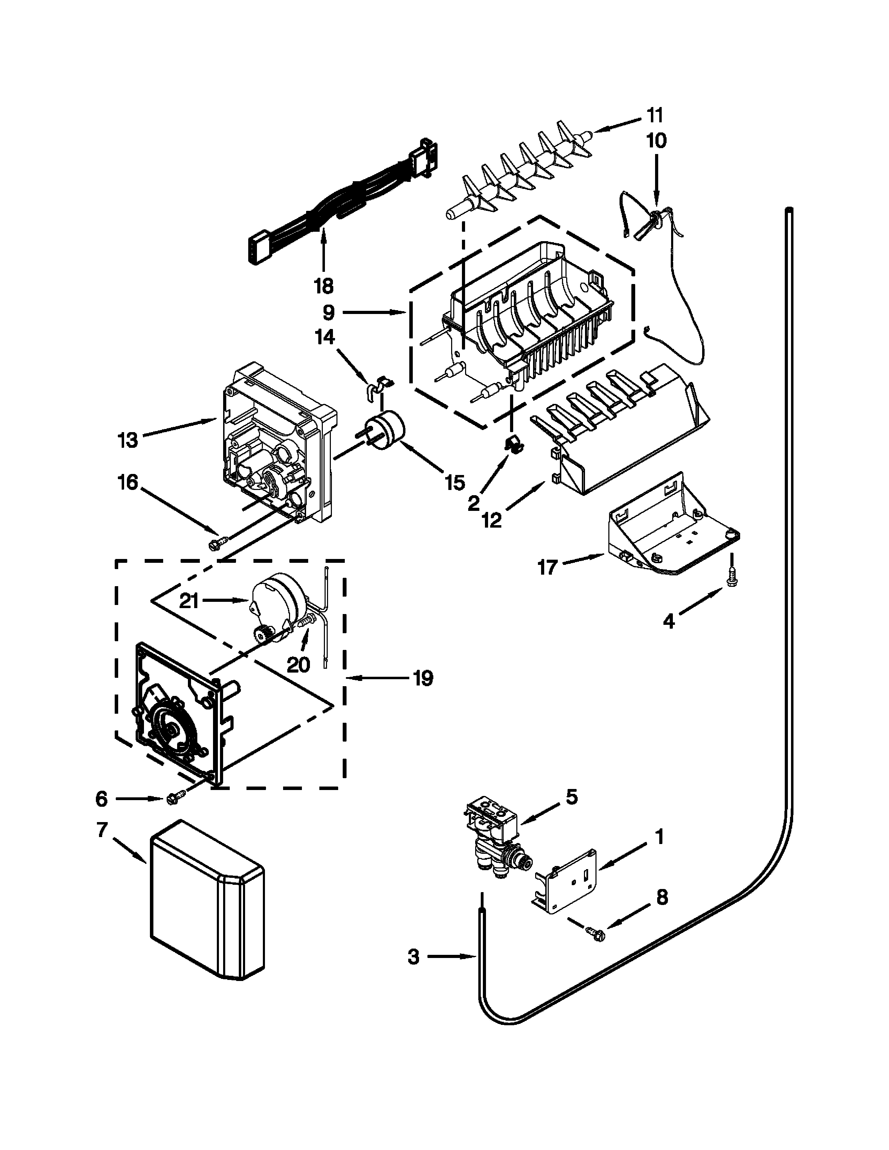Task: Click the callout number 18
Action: tap(324, 286)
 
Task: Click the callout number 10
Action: tap(656, 140)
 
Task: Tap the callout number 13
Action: tap(128, 440)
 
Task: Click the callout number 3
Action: tap(413, 957)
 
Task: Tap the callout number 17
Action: tap(547, 568)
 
